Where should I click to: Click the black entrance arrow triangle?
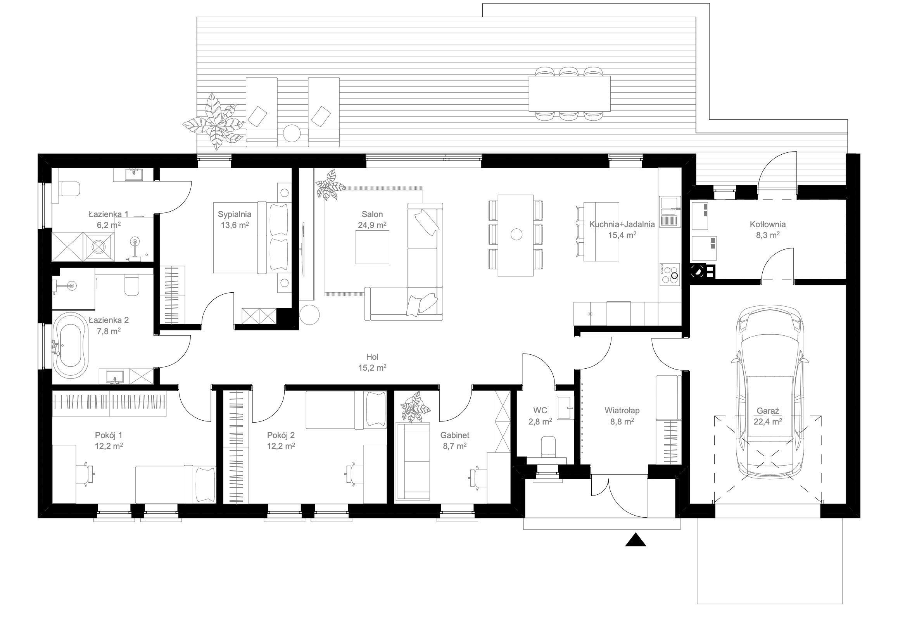pos(636,540)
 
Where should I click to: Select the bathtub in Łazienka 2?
pos(71,345)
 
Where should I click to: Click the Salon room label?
pos(372,214)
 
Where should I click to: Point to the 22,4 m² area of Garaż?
pos(767,421)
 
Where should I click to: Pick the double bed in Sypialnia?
pos(252,237)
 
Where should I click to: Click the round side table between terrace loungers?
pos(292,133)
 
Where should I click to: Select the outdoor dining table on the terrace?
pos(569,93)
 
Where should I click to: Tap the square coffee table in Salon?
pos(372,247)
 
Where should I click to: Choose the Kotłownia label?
pos(767,224)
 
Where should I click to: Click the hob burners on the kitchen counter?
pos(669,274)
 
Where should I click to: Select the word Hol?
pos(372,357)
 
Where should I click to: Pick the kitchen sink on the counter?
pos(669,212)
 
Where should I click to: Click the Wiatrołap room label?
pos(622,411)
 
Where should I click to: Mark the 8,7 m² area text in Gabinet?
pos(454,446)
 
